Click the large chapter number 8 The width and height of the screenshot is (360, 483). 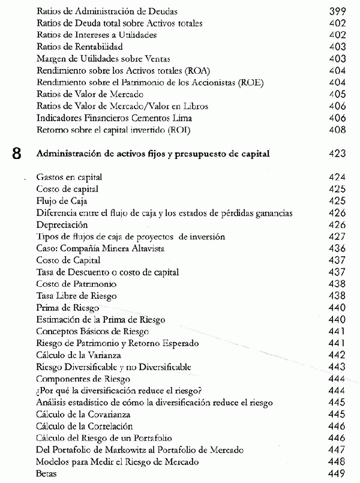17,154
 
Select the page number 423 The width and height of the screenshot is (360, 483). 339,154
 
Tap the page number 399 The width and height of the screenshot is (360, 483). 339,11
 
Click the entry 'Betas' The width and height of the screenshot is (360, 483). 47,473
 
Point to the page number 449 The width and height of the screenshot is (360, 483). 339,473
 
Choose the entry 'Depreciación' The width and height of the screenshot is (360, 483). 62,225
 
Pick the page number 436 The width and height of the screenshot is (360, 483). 339,248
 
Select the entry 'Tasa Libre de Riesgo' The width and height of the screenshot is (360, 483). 76,296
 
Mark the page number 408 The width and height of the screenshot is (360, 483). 339,130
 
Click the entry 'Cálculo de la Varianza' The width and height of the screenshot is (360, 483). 79,355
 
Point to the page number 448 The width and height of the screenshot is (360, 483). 339,462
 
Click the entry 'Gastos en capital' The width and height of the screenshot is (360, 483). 69,178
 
